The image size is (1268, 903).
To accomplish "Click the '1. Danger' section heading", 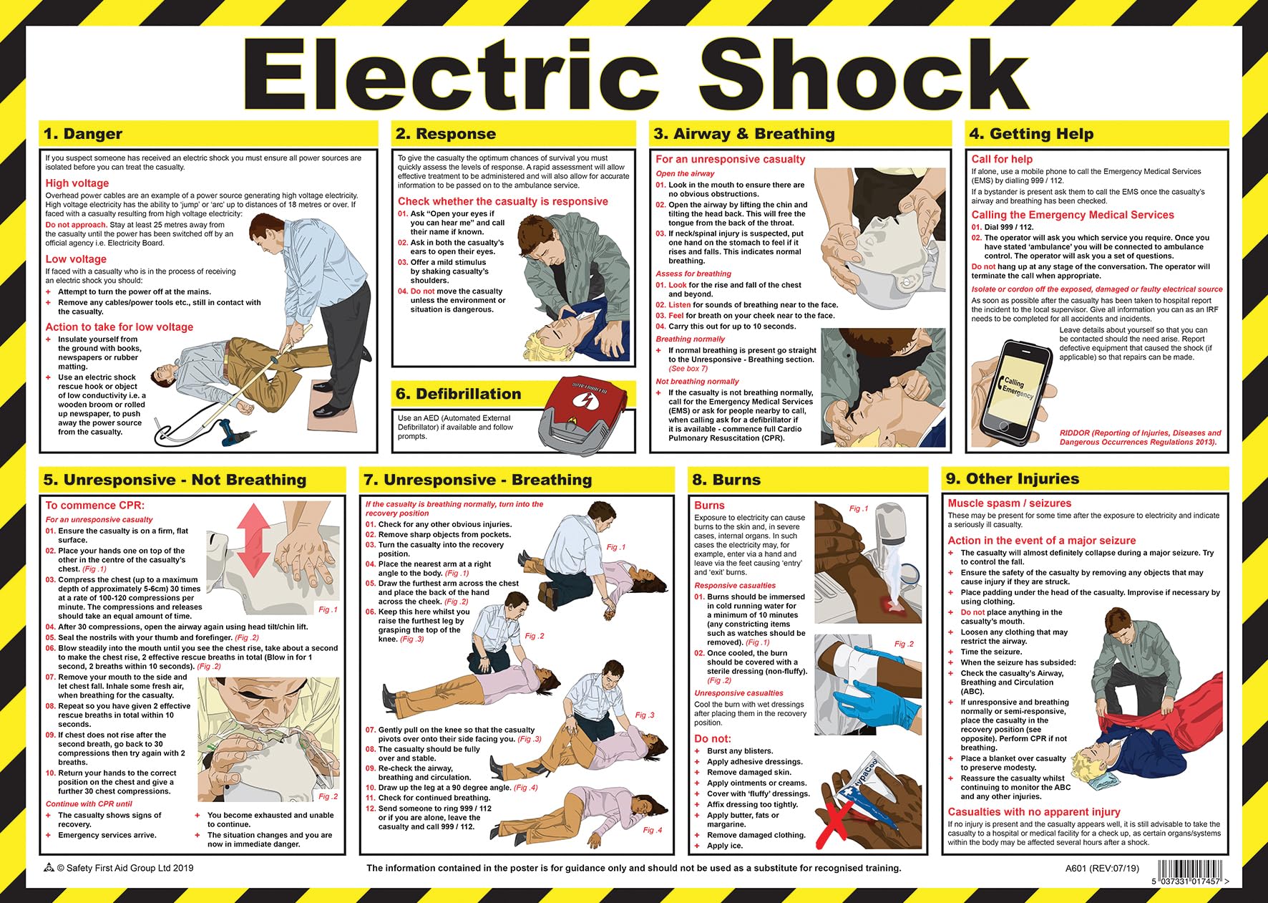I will (x=83, y=134).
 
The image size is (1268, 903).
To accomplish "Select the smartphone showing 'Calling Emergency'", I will (x=1017, y=390).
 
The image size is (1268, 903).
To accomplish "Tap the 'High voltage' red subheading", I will (x=77, y=183).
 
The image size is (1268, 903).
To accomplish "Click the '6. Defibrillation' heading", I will (x=458, y=394).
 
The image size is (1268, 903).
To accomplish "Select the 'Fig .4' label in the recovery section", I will (x=652, y=830).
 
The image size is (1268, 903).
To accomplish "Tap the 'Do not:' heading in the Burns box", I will (x=713, y=738).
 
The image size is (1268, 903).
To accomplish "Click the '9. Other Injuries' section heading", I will (x=1012, y=478).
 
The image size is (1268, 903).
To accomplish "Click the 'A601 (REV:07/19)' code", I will (x=1101, y=869).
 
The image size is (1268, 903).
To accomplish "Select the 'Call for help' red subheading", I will (x=1002, y=159).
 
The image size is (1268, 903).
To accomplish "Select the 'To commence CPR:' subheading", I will (x=94, y=506).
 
